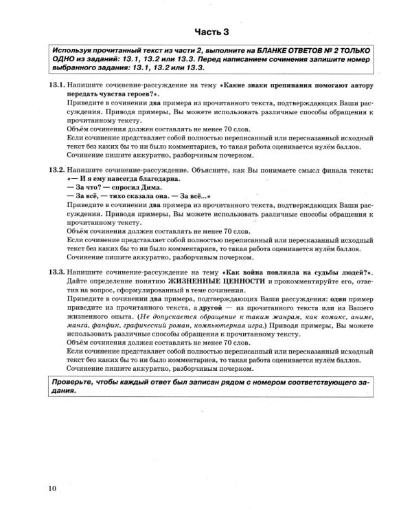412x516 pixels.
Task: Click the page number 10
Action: coord(53,489)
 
